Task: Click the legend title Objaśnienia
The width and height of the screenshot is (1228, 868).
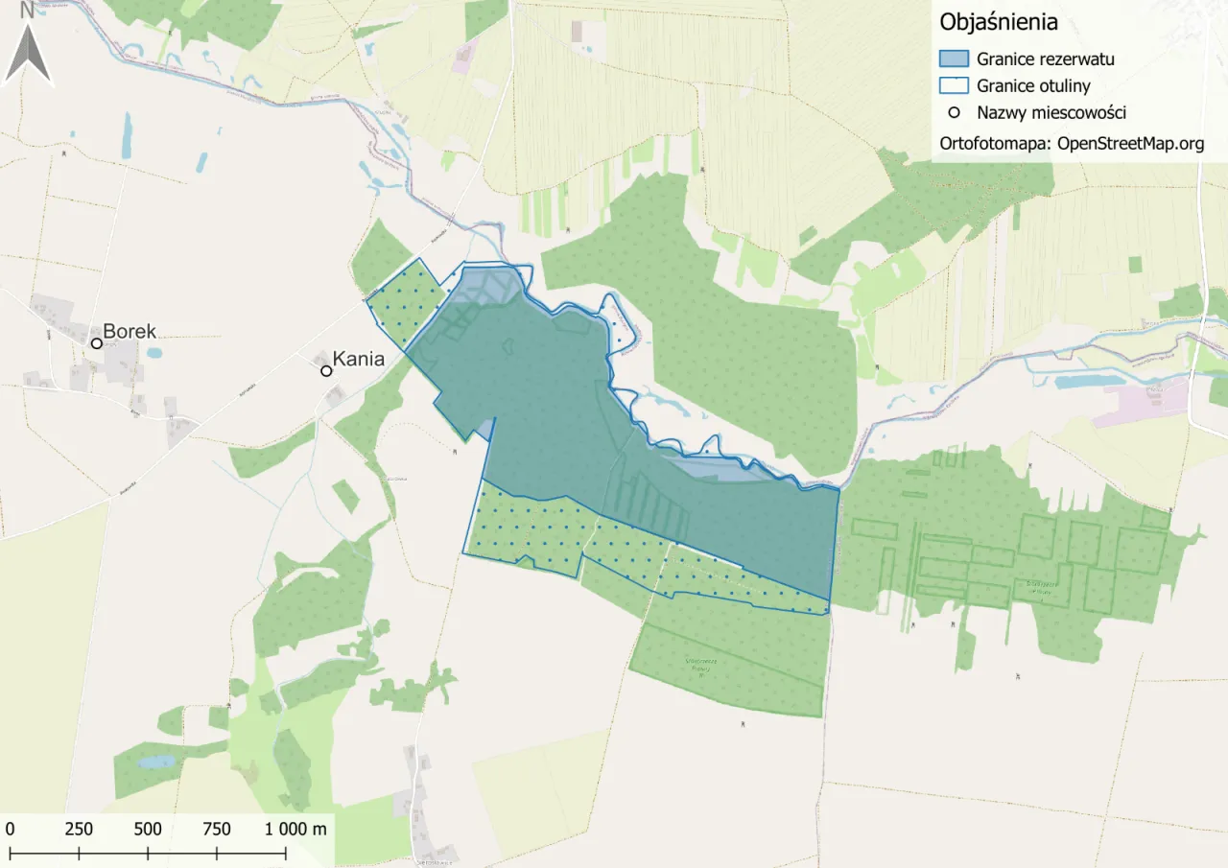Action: click(999, 22)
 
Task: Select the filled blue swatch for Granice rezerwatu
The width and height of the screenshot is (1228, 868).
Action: click(955, 59)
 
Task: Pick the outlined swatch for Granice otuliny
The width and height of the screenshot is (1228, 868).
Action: click(955, 86)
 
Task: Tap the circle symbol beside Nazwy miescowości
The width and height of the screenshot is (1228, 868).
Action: click(954, 113)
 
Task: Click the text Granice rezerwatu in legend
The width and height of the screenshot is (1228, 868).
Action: click(1045, 59)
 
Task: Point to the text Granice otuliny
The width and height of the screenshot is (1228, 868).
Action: click(1033, 86)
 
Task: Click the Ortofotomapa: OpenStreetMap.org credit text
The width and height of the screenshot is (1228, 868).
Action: click(1071, 144)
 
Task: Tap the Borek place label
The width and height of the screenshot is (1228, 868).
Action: click(130, 332)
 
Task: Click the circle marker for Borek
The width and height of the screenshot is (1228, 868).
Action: click(97, 342)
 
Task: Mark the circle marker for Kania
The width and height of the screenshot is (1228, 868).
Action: click(326, 370)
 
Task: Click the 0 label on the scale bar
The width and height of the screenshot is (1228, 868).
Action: click(10, 829)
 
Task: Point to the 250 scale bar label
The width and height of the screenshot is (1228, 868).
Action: click(79, 829)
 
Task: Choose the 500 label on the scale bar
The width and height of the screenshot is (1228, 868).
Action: click(148, 829)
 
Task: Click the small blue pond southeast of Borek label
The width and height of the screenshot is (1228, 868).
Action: click(154, 353)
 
